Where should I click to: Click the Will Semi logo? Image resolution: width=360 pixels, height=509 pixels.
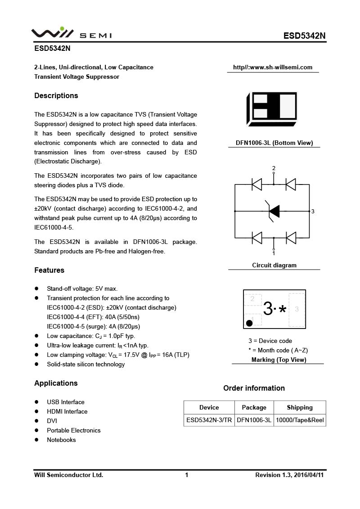tap(71, 34)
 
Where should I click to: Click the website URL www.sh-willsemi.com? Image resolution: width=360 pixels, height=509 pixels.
tap(273, 68)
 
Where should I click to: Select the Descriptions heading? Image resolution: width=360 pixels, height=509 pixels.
tap(56, 95)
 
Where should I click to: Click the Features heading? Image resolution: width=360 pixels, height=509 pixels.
tap(49, 270)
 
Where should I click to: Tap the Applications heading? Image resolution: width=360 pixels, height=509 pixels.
tap(56, 383)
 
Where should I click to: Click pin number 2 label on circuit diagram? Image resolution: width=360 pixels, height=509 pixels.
tap(274, 168)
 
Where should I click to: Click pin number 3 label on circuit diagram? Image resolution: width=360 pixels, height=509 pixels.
tap(313, 211)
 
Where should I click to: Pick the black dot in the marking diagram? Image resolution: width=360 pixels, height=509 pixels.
tap(249, 323)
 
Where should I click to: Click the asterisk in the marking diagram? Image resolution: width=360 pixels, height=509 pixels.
tap(283, 309)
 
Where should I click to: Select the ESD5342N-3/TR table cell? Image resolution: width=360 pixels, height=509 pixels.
tap(209, 420)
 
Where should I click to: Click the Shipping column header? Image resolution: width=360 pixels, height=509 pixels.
tap(300, 407)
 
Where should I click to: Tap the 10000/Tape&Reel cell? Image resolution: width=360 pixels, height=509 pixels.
tap(300, 420)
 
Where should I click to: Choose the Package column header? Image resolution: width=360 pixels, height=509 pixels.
tap(254, 407)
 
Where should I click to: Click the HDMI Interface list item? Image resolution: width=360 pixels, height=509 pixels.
tap(67, 411)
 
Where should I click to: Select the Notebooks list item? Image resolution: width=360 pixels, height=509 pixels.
tap(61, 440)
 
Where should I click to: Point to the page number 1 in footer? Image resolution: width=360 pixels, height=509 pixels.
tap(186, 475)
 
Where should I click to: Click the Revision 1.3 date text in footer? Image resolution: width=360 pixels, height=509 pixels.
tap(289, 475)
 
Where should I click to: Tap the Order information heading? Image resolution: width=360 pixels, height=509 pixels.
tap(254, 388)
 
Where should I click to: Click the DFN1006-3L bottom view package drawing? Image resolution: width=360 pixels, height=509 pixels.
tap(272, 109)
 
